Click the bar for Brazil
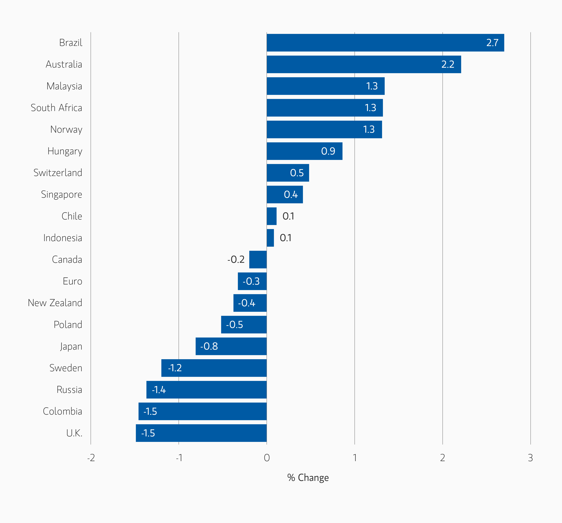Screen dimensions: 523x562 pos(385,43)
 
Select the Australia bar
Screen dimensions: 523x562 pos(364,64)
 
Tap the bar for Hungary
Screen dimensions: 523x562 pos(305,151)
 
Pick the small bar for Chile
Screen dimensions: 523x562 pos(271,216)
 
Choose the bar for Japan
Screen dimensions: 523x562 pos(231,346)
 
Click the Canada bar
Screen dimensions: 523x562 pos(258,260)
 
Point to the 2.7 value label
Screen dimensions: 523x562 pos(492,43)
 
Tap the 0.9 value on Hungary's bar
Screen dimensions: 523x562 pos(328,151)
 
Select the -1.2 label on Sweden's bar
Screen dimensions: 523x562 pos(175,368)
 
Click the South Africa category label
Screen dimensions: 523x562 pos(56,108)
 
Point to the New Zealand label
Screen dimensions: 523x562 pos(55,303)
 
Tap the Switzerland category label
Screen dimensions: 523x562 pos(58,173)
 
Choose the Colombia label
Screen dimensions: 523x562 pos(62,411)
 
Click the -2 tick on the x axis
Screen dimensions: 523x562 pos(91,458)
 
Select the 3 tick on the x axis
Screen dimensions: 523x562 pos(530,458)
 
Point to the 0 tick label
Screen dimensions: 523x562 pos(267,458)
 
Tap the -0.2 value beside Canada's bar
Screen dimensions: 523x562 pos(236,260)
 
